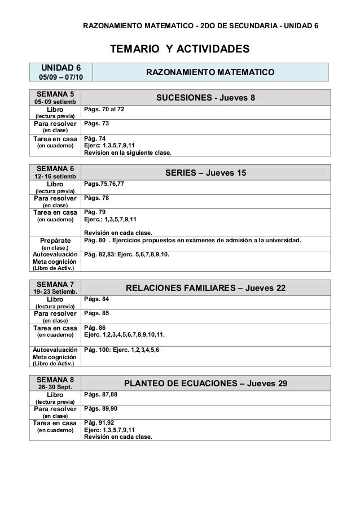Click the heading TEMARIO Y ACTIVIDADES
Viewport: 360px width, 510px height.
[179, 51]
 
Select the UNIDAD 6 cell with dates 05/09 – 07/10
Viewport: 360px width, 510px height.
[59, 72]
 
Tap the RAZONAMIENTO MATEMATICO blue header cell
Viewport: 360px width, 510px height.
[210, 72]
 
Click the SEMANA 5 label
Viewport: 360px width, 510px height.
[55, 94]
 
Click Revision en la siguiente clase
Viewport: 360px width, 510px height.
[128, 152]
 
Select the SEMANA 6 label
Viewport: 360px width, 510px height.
[55, 168]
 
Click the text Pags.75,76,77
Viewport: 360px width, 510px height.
[104, 184]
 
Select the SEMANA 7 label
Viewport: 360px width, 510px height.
[55, 284]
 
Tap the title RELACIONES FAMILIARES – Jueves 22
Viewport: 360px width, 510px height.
[205, 289]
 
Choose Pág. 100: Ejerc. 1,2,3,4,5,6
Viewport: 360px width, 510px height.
[121, 350]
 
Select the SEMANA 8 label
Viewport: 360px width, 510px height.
[55, 380]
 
